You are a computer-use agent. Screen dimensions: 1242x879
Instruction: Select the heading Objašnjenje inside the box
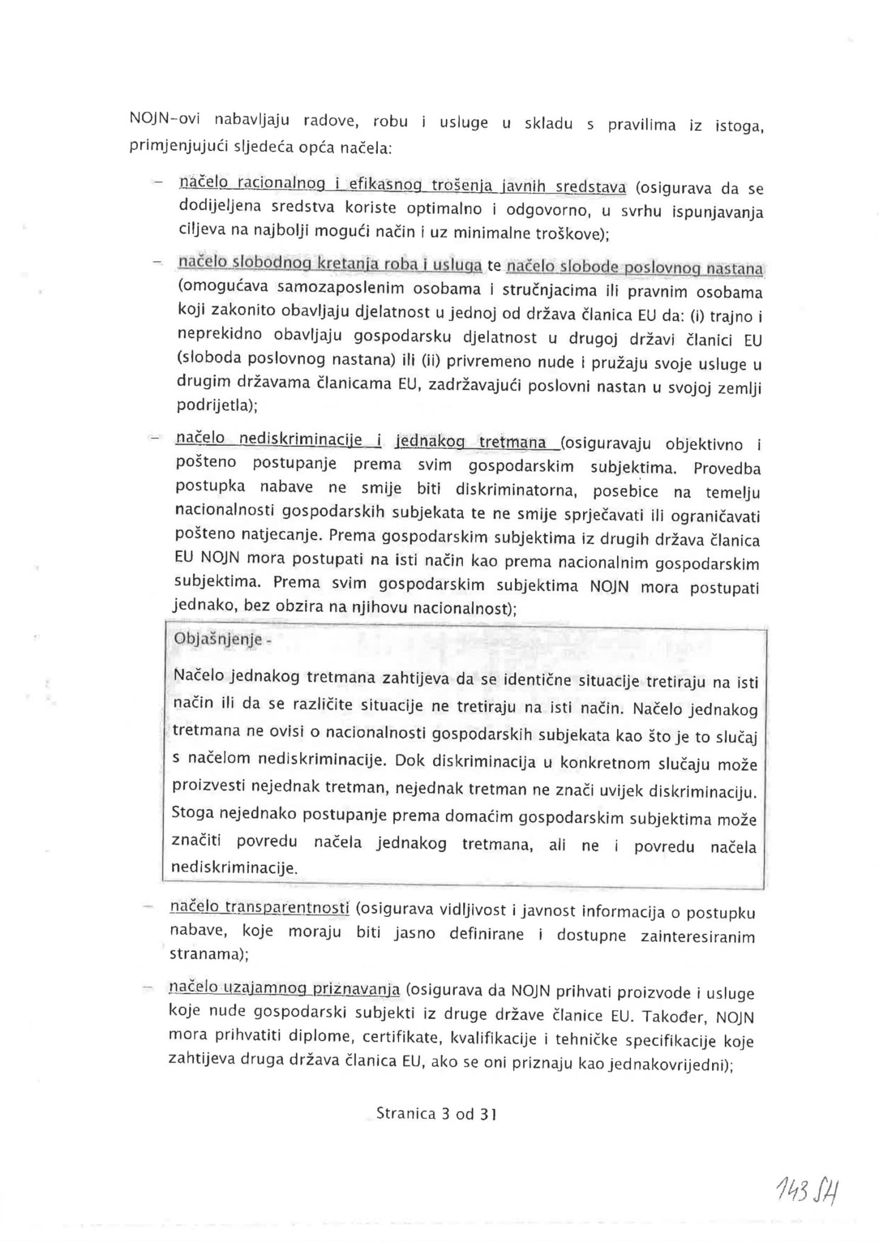tap(218, 639)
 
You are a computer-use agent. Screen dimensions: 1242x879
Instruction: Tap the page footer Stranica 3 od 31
tap(436, 1113)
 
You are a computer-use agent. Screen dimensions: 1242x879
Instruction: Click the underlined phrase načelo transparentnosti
tap(260, 907)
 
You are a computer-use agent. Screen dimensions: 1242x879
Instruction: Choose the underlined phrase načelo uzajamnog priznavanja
tap(284, 989)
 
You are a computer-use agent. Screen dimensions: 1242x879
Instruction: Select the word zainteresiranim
tap(698, 936)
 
